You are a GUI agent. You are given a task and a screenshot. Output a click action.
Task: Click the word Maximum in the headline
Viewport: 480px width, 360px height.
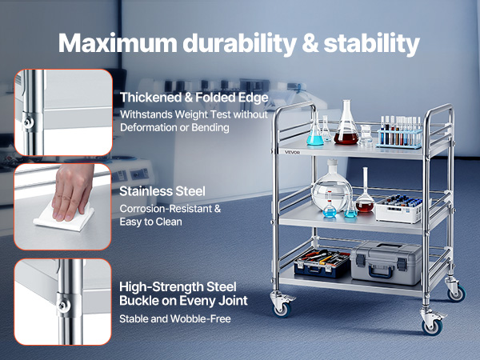pos(118,43)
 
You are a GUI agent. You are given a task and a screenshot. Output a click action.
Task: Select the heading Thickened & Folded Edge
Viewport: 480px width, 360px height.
pos(194,98)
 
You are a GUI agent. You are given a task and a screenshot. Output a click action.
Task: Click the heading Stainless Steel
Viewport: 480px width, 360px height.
pos(162,191)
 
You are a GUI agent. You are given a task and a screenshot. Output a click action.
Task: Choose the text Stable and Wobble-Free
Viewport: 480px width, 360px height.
pos(174,319)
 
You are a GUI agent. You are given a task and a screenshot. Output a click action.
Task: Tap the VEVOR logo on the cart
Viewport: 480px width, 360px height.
pos(292,153)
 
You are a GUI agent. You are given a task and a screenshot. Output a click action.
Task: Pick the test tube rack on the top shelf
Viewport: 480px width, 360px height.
pos(399,132)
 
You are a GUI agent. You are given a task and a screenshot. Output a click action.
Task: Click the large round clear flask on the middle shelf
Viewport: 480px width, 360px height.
pos(331,186)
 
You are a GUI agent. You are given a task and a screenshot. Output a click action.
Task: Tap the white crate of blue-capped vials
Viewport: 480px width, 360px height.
pos(399,209)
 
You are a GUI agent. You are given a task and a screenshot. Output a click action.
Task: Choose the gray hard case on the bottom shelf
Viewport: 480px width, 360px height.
pos(386,262)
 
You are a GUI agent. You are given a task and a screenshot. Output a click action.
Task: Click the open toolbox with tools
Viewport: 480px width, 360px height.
pos(322,262)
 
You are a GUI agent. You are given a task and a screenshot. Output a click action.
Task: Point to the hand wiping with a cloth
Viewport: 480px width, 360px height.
pos(72,192)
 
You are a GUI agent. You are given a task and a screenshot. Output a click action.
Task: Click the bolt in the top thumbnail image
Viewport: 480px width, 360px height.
pos(28,122)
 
